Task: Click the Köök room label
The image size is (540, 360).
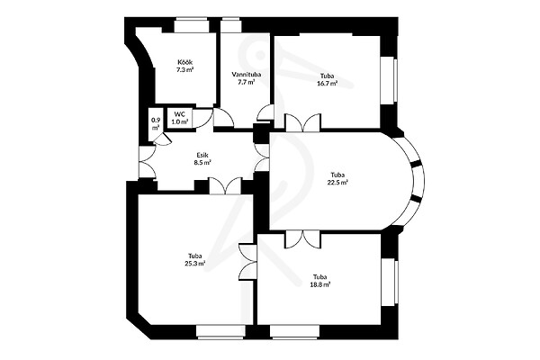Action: [x=184, y=62]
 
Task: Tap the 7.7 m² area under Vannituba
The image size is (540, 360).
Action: [x=247, y=82]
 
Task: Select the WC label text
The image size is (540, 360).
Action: [x=180, y=114]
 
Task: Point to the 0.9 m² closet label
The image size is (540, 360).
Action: [x=156, y=124]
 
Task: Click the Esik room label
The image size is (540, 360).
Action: [x=202, y=155]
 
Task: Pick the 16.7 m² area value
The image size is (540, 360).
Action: [x=327, y=84]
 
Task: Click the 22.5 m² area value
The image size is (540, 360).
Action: [x=337, y=183]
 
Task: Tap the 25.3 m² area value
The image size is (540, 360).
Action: [x=195, y=264]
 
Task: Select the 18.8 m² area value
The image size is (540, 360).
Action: [x=320, y=284]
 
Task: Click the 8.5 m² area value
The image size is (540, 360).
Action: [x=202, y=163]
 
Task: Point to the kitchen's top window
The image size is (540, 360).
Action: [x=192, y=25]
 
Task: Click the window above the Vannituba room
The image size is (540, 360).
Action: [x=230, y=25]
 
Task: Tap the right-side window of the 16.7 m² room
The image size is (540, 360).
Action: [x=389, y=81]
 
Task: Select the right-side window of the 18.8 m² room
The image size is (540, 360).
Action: [x=390, y=283]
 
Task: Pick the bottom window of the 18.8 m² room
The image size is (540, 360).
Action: [x=294, y=332]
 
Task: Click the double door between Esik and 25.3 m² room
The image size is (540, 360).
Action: [x=226, y=186]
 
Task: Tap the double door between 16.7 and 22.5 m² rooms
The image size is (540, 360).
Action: [x=302, y=122]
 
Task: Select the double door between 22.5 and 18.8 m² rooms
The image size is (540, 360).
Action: [x=302, y=239]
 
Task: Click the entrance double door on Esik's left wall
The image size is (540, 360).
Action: [x=148, y=162]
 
